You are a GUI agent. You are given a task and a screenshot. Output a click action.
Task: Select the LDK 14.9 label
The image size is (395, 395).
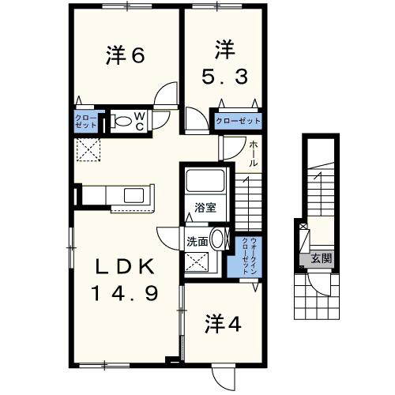pos(127,280)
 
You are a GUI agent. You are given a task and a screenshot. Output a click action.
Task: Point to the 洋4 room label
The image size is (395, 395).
pos(223,324)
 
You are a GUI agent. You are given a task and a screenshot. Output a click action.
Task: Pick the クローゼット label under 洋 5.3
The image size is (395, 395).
pos(239,121)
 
